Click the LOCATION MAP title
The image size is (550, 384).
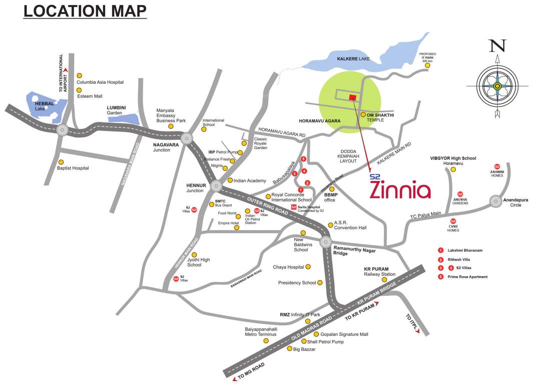point(85,11)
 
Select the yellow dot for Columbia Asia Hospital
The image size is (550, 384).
point(79,75)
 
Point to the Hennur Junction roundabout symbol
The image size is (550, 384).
point(216,185)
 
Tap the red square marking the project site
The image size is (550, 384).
point(352,97)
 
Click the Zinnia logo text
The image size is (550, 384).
point(400,190)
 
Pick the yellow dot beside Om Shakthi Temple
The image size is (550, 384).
point(363,114)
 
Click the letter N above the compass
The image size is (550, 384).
point(497,46)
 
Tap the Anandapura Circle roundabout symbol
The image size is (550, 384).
point(495,201)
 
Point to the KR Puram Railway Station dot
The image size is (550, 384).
point(384,279)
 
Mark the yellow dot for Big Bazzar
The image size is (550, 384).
point(289,349)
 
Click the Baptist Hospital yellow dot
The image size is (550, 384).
point(61,162)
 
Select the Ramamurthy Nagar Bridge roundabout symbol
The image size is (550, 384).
point(327,241)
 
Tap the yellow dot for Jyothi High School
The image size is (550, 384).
point(194,254)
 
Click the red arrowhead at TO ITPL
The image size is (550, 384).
point(417,330)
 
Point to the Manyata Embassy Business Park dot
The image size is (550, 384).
point(171,126)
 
